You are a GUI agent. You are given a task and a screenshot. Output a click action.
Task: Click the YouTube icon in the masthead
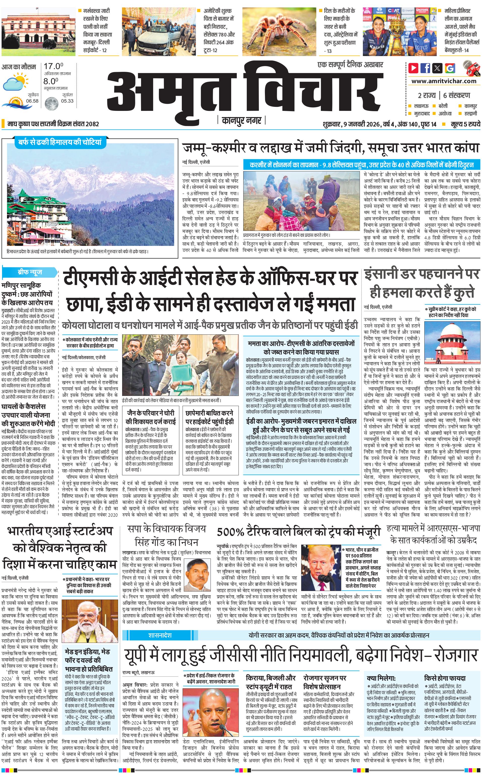click(x=413, y=68)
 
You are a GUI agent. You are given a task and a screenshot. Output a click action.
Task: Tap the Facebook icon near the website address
click(x=425, y=68)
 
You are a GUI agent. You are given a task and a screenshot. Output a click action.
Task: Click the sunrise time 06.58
click(x=32, y=101)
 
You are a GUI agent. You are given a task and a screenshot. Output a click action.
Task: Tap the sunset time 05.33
click(x=67, y=101)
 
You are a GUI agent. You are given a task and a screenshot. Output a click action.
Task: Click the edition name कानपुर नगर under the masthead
click(x=241, y=120)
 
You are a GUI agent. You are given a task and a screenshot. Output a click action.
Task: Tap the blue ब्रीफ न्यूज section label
click(x=30, y=272)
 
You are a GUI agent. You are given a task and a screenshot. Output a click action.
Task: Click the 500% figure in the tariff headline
click(x=230, y=532)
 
